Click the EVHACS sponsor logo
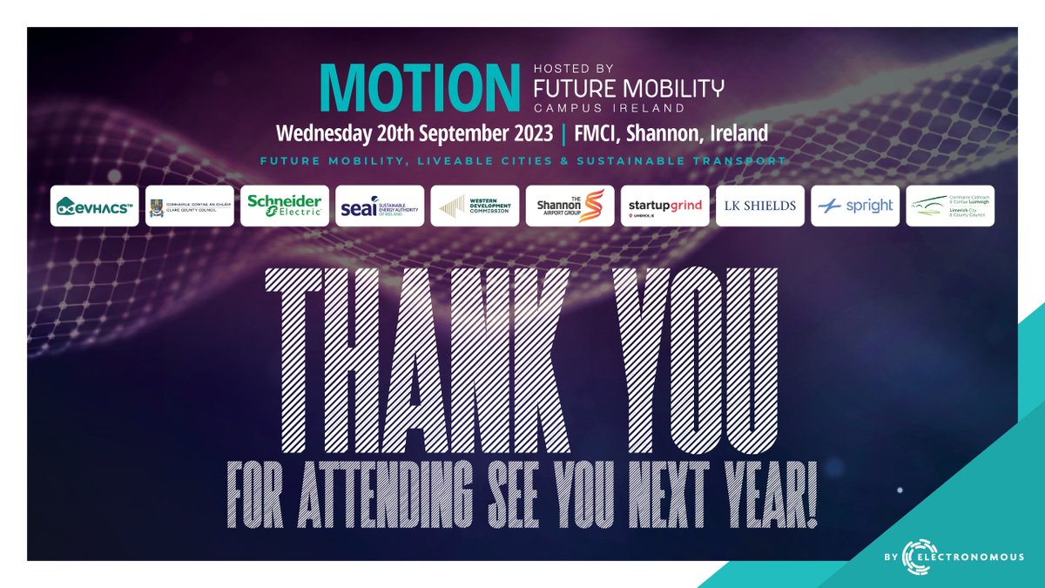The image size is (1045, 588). (94, 206)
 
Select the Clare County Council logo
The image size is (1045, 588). (189, 206)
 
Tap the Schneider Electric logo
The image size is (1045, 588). (285, 206)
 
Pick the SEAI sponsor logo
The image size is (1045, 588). (380, 206)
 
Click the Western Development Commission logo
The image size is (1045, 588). (475, 206)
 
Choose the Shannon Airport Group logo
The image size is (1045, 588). (570, 206)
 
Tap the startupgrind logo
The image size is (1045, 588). (664, 206)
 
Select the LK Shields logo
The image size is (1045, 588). (760, 206)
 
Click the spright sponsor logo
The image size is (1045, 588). (855, 206)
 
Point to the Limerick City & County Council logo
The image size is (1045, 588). (950, 206)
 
